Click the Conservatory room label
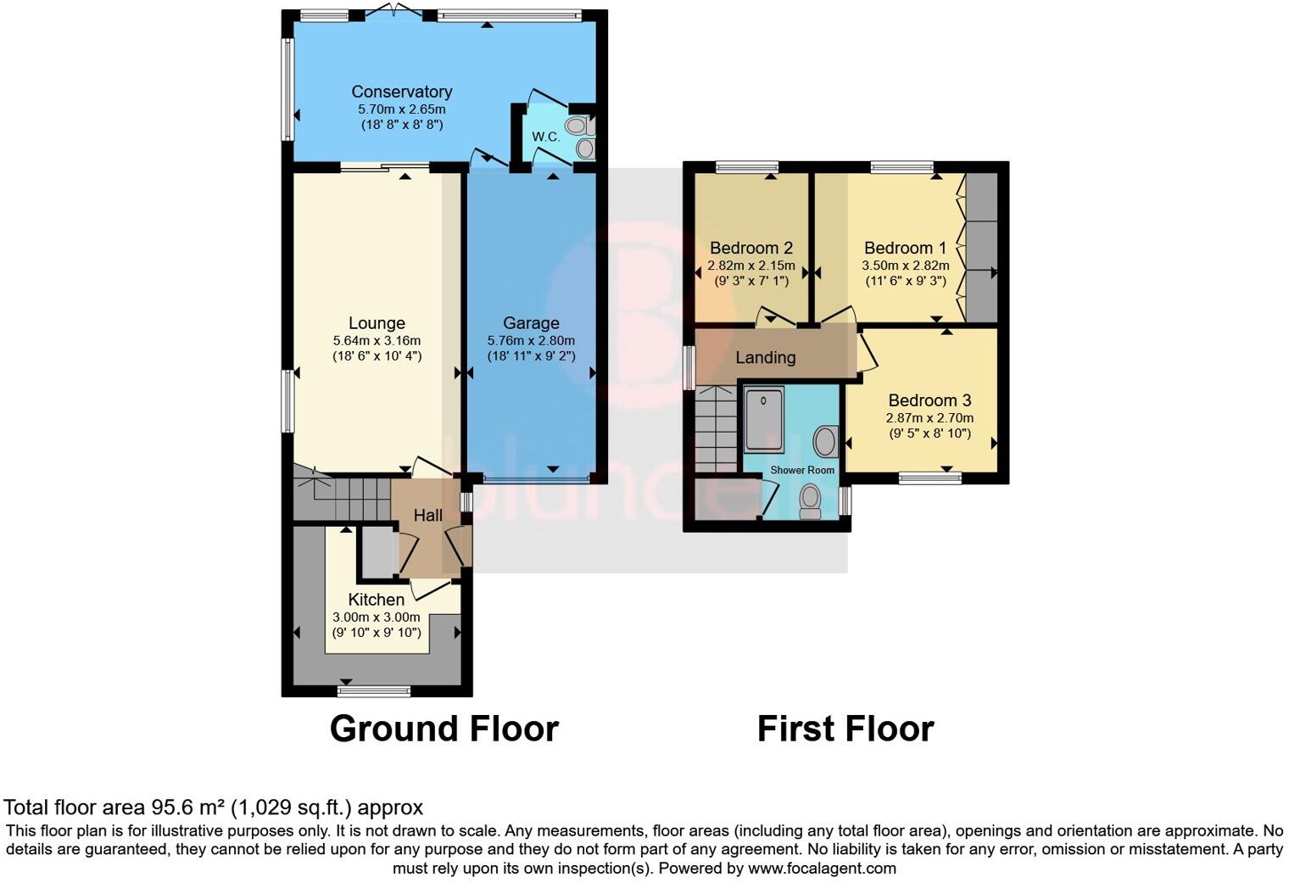click(x=401, y=92)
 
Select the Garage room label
click(x=531, y=323)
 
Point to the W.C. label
click(x=545, y=137)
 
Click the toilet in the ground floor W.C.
click(x=580, y=127)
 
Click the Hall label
click(x=428, y=515)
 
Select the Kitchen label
click(x=377, y=600)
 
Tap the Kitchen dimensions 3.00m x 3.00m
click(x=377, y=617)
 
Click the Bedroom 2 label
click(x=751, y=248)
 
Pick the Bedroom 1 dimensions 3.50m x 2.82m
click(x=905, y=265)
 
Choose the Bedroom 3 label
click(x=929, y=400)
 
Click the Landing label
click(x=765, y=358)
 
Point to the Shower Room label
click(x=802, y=470)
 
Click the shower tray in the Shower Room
click(x=766, y=419)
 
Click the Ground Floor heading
click(x=444, y=729)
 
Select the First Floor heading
click(x=845, y=729)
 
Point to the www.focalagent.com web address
click(x=822, y=868)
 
